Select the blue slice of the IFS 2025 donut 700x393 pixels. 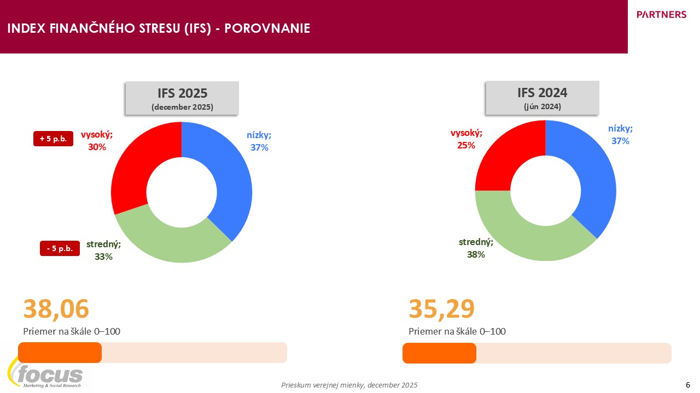[x=230, y=175]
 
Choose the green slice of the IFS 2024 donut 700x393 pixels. [x=525, y=235]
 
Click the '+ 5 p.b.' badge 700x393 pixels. [x=53, y=139]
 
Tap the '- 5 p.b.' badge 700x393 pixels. [x=60, y=248]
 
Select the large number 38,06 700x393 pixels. [x=56, y=309]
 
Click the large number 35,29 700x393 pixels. [x=442, y=309]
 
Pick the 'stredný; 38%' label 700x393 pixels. [x=476, y=248]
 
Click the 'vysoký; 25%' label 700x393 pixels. [x=466, y=139]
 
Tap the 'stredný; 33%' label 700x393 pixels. [x=103, y=250]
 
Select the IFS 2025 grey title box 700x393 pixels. [x=182, y=98]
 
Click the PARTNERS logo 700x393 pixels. [x=661, y=15]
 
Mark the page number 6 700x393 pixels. [x=687, y=384]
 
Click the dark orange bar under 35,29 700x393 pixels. [x=439, y=353]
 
